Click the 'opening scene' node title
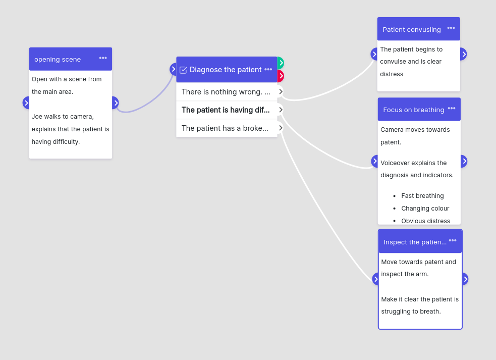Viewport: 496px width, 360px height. pyautogui.click(x=58, y=60)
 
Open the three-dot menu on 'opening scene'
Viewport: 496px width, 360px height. pyautogui.click(x=103, y=58)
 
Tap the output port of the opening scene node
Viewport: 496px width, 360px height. pyautogui.click(x=116, y=103)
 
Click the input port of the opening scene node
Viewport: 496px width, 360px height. pyautogui.click(x=26, y=103)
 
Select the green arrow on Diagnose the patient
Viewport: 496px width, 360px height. pyautogui.click(x=281, y=63)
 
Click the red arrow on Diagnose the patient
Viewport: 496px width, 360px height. pyautogui.click(x=281, y=76)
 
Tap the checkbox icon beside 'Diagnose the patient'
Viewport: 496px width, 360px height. pyautogui.click(x=183, y=70)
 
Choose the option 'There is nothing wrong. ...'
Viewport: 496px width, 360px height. pyautogui.click(x=226, y=92)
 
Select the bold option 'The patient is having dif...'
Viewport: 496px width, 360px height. pyautogui.click(x=226, y=110)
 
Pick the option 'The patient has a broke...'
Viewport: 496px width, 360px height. pyautogui.click(x=225, y=128)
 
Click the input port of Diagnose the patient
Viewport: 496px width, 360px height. pyautogui.click(x=173, y=69)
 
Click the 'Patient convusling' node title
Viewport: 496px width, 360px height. pyautogui.click(x=412, y=30)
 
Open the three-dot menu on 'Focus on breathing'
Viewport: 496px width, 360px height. pyautogui.click(x=452, y=108)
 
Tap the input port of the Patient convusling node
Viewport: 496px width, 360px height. pyautogui.click(x=374, y=54)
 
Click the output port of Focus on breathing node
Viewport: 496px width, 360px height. pyautogui.click(x=464, y=161)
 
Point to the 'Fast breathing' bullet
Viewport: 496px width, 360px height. pyautogui.click(x=422, y=196)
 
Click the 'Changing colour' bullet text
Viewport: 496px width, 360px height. pyautogui.click(x=425, y=209)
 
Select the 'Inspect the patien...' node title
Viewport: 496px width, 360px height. pyautogui.click(x=415, y=242)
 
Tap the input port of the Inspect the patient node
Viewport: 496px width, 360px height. pyautogui.click(x=375, y=279)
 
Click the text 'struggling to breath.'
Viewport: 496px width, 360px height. pyautogui.click(x=411, y=312)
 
